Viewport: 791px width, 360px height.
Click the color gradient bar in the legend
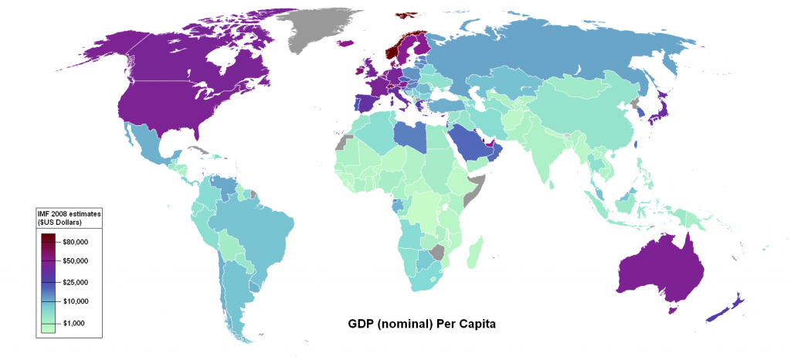[48, 283]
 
